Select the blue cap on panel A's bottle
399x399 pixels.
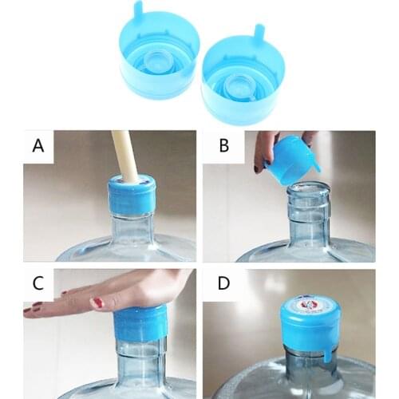click(132, 196)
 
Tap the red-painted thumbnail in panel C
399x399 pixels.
click(97, 302)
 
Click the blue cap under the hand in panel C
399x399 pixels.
click(140, 323)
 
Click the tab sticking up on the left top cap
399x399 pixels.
click(138, 10)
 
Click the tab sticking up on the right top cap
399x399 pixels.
click(259, 34)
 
